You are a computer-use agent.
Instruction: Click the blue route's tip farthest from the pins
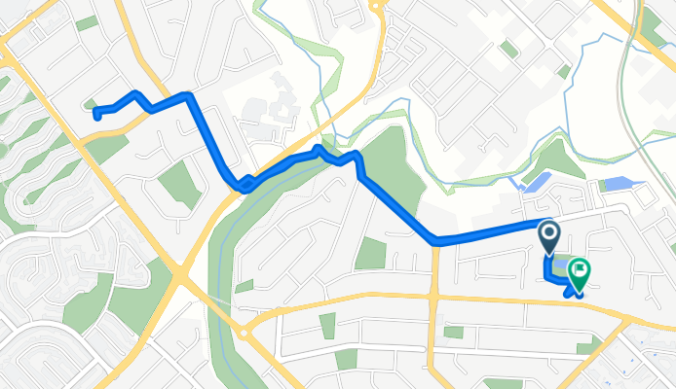(95, 114)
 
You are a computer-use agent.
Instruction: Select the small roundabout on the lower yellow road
(244, 332)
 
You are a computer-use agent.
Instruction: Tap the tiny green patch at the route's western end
(92, 103)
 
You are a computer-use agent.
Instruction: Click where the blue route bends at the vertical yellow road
(435, 240)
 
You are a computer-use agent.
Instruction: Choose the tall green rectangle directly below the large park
(370, 252)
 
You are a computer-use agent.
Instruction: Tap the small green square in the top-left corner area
(87, 22)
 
